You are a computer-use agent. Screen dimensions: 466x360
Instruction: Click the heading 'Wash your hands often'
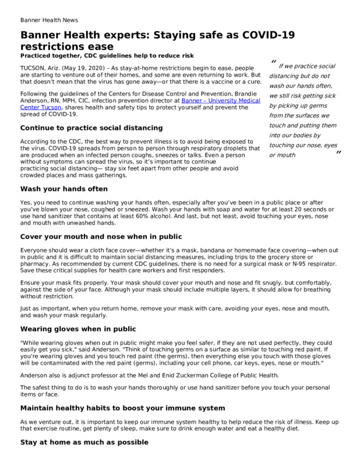(64, 189)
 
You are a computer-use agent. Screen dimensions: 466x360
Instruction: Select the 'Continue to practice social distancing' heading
(91, 127)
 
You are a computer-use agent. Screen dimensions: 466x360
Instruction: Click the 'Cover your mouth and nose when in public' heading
(101, 236)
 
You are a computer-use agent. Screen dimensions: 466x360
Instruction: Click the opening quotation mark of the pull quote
(273, 62)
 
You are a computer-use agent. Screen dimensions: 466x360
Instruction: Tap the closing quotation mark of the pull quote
(337, 153)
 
